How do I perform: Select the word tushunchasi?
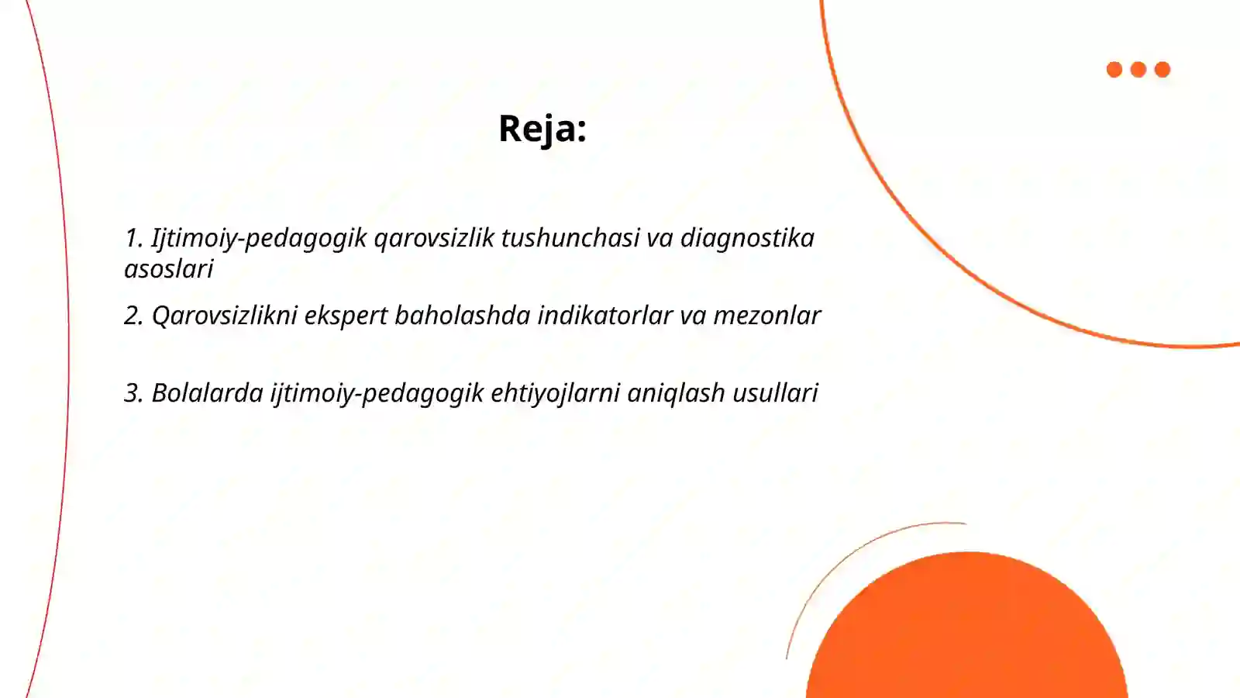[x=570, y=238]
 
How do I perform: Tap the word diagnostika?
[x=747, y=238]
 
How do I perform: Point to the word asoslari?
[x=168, y=269]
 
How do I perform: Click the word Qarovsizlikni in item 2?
[x=225, y=316]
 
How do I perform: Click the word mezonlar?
[x=766, y=316]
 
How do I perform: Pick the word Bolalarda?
[x=208, y=393]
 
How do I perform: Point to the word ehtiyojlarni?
[x=556, y=393]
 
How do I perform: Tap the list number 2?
[x=133, y=316]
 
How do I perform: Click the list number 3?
[x=133, y=393]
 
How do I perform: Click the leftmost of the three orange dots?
[x=1114, y=70]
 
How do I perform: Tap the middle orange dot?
[x=1138, y=70]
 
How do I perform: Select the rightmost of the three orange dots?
[x=1162, y=70]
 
